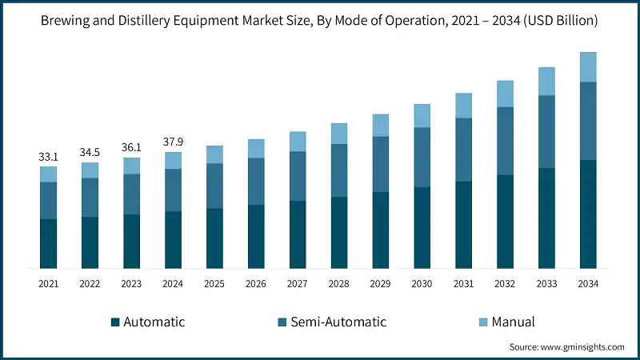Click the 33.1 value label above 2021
[49, 158]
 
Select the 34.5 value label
[90, 152]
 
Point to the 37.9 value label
[174, 142]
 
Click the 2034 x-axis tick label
[588, 283]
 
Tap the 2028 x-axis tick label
[339, 283]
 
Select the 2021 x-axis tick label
[49, 283]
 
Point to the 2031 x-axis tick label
[464, 283]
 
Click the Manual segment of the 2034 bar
[588, 67]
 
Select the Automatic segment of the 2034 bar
[588, 214]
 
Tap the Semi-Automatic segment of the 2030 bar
[422, 158]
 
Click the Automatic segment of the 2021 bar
[49, 243]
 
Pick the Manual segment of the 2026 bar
[256, 149]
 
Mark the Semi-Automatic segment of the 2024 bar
[174, 190]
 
